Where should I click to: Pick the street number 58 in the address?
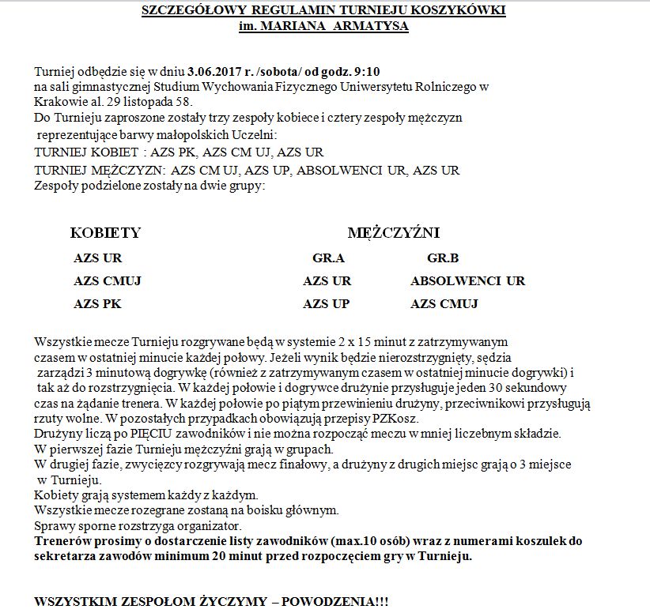point(183,101)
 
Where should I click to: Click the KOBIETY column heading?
point(105,233)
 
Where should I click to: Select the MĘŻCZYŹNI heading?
point(393,233)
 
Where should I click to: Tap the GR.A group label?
point(328,258)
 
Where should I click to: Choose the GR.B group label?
point(443,258)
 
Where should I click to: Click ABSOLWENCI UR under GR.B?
point(467,281)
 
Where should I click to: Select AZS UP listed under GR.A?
point(326,304)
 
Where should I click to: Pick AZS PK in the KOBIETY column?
point(97,304)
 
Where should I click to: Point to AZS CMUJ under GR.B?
point(444,304)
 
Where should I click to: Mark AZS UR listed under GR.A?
point(327,281)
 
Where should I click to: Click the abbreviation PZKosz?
point(397,419)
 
